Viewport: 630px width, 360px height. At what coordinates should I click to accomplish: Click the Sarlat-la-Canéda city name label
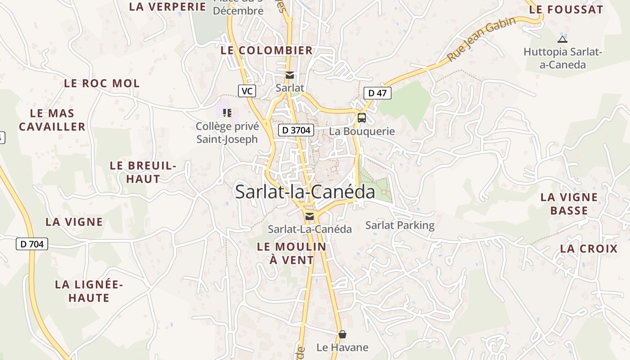305,192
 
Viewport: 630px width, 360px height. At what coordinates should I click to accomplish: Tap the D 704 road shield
31,244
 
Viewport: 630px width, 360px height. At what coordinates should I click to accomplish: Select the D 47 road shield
377,93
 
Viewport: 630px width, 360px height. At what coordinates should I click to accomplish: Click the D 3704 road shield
296,130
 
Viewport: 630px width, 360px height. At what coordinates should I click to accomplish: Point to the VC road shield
247,91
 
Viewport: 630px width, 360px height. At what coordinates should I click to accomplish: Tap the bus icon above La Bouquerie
361,118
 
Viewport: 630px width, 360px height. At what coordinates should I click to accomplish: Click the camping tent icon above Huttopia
562,39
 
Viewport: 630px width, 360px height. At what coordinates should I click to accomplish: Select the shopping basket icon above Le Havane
342,334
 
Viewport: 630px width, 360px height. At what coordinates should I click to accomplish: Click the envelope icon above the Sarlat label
290,75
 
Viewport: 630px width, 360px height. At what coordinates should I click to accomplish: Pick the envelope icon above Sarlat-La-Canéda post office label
310,216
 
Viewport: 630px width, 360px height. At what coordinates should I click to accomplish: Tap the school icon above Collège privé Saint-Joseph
227,113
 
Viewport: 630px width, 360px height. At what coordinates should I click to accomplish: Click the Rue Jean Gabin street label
481,39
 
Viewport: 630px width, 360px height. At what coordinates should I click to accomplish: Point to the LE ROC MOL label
102,83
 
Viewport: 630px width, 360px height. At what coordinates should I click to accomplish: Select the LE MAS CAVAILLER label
52,120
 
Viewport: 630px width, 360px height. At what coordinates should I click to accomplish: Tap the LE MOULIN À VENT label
292,253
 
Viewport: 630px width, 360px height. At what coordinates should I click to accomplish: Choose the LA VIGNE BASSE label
569,204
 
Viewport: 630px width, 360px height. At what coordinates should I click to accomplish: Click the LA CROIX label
589,248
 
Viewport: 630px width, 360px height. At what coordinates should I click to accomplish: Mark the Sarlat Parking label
400,225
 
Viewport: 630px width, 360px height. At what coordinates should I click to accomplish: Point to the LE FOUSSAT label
566,9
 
